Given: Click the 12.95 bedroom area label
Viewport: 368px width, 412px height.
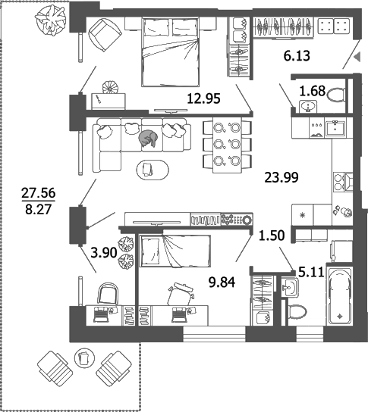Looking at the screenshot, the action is click(203, 98).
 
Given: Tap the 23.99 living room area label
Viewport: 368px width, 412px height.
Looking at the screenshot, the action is click(282, 177).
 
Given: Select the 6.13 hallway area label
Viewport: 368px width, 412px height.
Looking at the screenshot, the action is click(297, 56).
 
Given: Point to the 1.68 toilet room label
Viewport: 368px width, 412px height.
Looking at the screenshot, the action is click(313, 91).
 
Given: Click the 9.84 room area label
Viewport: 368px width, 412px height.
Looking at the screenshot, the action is click(222, 282).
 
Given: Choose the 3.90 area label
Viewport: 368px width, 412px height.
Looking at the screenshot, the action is click(104, 253).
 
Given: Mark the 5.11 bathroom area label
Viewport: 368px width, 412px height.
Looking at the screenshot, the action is click(311, 272).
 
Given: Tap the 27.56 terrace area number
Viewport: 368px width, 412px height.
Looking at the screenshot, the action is click(39, 193).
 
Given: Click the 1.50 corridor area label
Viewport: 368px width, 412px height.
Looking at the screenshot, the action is click(272, 236).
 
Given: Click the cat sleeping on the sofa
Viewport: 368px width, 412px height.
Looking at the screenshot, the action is click(148, 139).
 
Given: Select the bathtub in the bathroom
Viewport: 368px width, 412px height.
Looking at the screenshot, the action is click(339, 295).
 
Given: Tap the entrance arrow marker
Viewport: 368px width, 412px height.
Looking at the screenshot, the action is click(357, 57).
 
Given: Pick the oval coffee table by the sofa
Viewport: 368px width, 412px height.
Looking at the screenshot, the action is click(153, 170).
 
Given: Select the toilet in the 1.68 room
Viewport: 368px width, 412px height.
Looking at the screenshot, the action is click(336, 95).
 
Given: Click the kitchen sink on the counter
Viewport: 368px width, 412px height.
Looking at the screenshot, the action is click(335, 128).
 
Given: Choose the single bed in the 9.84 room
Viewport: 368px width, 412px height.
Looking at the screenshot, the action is click(175, 251).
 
